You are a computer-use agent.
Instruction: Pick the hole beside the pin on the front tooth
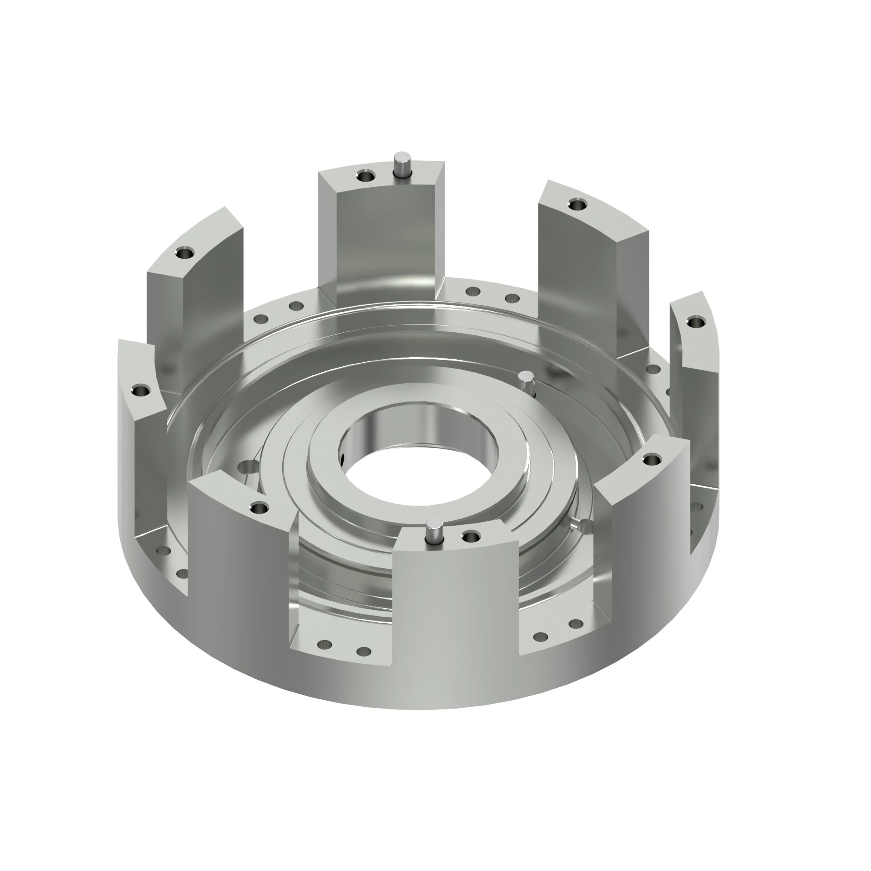point(471,537)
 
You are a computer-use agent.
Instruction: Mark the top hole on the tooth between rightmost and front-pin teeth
point(651,460)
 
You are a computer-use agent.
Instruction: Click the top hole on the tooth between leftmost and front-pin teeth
point(259,509)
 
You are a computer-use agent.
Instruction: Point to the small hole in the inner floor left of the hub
point(246,467)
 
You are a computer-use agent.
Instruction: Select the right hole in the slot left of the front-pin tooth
point(363,652)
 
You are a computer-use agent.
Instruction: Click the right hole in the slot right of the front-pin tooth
point(576,624)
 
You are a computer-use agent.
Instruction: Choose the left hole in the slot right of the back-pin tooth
point(473,292)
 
